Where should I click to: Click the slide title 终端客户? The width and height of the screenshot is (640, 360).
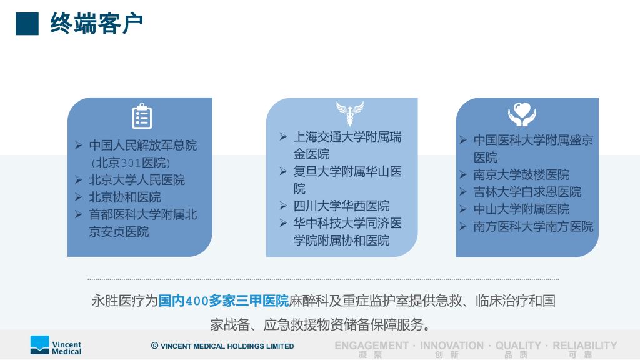point(96,23)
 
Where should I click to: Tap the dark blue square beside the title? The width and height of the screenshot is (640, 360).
point(27,24)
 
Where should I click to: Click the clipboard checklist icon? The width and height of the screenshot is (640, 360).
point(142,116)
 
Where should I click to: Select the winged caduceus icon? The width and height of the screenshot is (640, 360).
point(350,112)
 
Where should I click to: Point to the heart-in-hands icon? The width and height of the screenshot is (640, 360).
point(522,114)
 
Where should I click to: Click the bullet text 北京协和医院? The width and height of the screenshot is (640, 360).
point(125,197)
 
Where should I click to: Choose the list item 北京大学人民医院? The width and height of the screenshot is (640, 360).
point(137,180)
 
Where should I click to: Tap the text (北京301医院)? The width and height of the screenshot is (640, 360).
point(131,163)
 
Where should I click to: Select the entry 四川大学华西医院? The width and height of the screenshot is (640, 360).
point(341,206)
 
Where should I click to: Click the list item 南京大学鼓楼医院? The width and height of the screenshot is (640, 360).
point(521,175)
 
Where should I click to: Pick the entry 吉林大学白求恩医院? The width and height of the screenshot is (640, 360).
point(527,192)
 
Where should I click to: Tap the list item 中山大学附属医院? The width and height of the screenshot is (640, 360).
point(521,209)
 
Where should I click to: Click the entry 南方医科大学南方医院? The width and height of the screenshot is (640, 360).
point(533,226)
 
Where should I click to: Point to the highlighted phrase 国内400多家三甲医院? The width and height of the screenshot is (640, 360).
point(223,301)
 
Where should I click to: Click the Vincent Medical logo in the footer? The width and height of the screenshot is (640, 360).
point(56,345)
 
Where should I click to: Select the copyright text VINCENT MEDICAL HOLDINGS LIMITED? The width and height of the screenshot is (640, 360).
point(227,346)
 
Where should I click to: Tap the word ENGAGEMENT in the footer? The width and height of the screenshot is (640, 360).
point(371,346)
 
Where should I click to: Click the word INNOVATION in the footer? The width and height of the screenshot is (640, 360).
point(452,346)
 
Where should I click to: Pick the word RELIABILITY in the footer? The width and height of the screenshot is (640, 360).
point(585,346)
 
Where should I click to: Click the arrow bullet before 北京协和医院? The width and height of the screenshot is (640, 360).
point(79,197)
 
